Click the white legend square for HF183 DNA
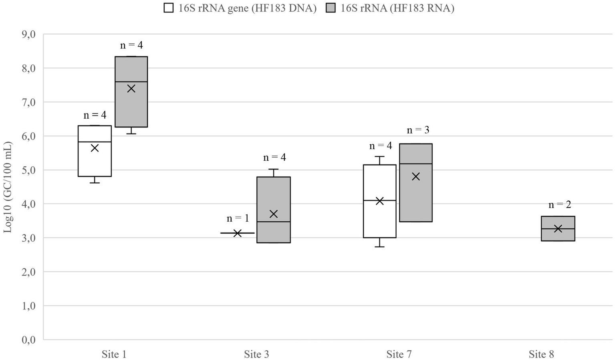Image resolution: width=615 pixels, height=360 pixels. (x=169, y=8)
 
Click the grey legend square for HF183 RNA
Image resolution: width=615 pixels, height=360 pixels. (x=331, y=8)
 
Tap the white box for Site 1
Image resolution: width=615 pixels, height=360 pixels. (x=95, y=160)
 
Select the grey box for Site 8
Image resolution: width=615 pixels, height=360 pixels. (x=558, y=235)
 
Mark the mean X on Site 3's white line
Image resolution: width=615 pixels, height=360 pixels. (x=237, y=233)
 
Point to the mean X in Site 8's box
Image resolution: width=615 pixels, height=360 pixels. (x=558, y=229)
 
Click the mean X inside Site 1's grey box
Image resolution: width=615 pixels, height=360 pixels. (x=131, y=89)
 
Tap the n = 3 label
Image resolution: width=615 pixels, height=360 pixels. (x=418, y=130)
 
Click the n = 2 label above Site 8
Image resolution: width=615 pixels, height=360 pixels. (x=560, y=204)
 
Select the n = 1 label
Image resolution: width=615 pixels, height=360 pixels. (x=238, y=218)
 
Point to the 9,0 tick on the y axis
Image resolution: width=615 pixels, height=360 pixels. (x=28, y=34)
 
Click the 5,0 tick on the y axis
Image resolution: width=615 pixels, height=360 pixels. (x=28, y=170)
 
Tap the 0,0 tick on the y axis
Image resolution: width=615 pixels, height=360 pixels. (x=28, y=340)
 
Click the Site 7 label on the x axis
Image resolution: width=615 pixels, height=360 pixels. (x=399, y=354)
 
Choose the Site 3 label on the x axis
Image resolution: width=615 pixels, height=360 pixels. (x=256, y=354)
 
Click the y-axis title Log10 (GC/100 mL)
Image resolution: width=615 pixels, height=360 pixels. (x=8, y=187)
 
